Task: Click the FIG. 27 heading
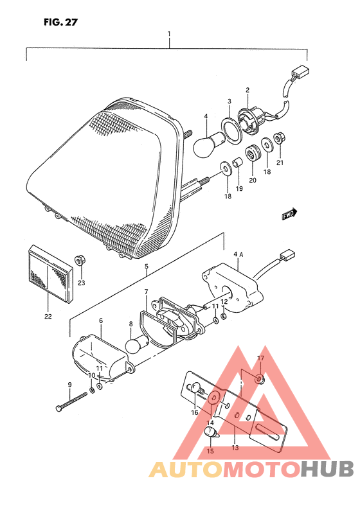(61, 22)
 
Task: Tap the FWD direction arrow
(289, 213)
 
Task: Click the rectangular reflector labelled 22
(50, 274)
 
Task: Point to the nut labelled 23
(79, 261)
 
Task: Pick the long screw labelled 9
(71, 401)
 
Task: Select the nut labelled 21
(278, 139)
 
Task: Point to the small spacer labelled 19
(237, 162)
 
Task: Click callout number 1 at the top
(169, 34)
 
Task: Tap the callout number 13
(235, 448)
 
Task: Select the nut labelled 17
(260, 378)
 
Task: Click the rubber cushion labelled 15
(211, 434)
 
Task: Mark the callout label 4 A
(239, 255)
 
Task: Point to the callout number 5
(147, 267)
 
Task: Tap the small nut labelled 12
(224, 316)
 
